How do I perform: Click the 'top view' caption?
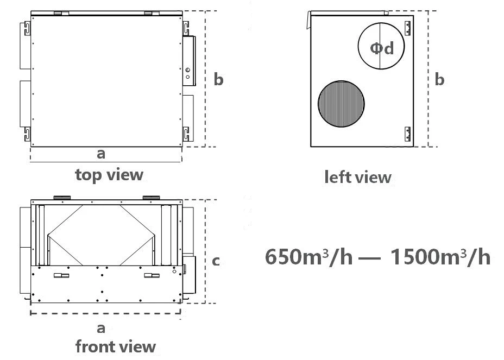click(109, 175)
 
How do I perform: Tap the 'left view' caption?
click(358, 177)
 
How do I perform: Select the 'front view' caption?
click(115, 346)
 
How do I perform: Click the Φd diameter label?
click(382, 48)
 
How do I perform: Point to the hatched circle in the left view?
click(341, 104)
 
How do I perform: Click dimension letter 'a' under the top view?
click(101, 154)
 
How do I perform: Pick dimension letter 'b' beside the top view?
click(218, 79)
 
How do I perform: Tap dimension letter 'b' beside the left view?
click(439, 79)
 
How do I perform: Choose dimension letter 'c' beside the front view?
click(216, 261)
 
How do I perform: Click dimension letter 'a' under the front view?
click(101, 329)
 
